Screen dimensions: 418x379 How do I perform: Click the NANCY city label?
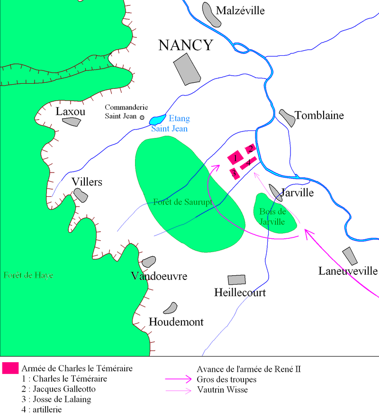186,45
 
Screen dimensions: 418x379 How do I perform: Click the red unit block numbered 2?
251,149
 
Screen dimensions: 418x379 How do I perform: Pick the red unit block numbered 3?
234,173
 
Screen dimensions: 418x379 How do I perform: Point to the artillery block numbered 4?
248,163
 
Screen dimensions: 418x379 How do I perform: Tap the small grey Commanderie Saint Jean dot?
142,117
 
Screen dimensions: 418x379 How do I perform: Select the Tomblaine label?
319,115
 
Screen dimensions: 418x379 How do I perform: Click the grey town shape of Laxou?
72,122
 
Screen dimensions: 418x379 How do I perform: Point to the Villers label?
87,182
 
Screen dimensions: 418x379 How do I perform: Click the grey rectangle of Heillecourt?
237,280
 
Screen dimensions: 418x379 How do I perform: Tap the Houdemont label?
176,322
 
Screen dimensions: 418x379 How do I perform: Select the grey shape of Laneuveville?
350,256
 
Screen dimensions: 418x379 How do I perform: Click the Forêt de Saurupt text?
182,202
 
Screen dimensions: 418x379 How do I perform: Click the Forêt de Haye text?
27,275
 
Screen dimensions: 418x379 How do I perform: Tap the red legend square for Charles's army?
10,368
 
